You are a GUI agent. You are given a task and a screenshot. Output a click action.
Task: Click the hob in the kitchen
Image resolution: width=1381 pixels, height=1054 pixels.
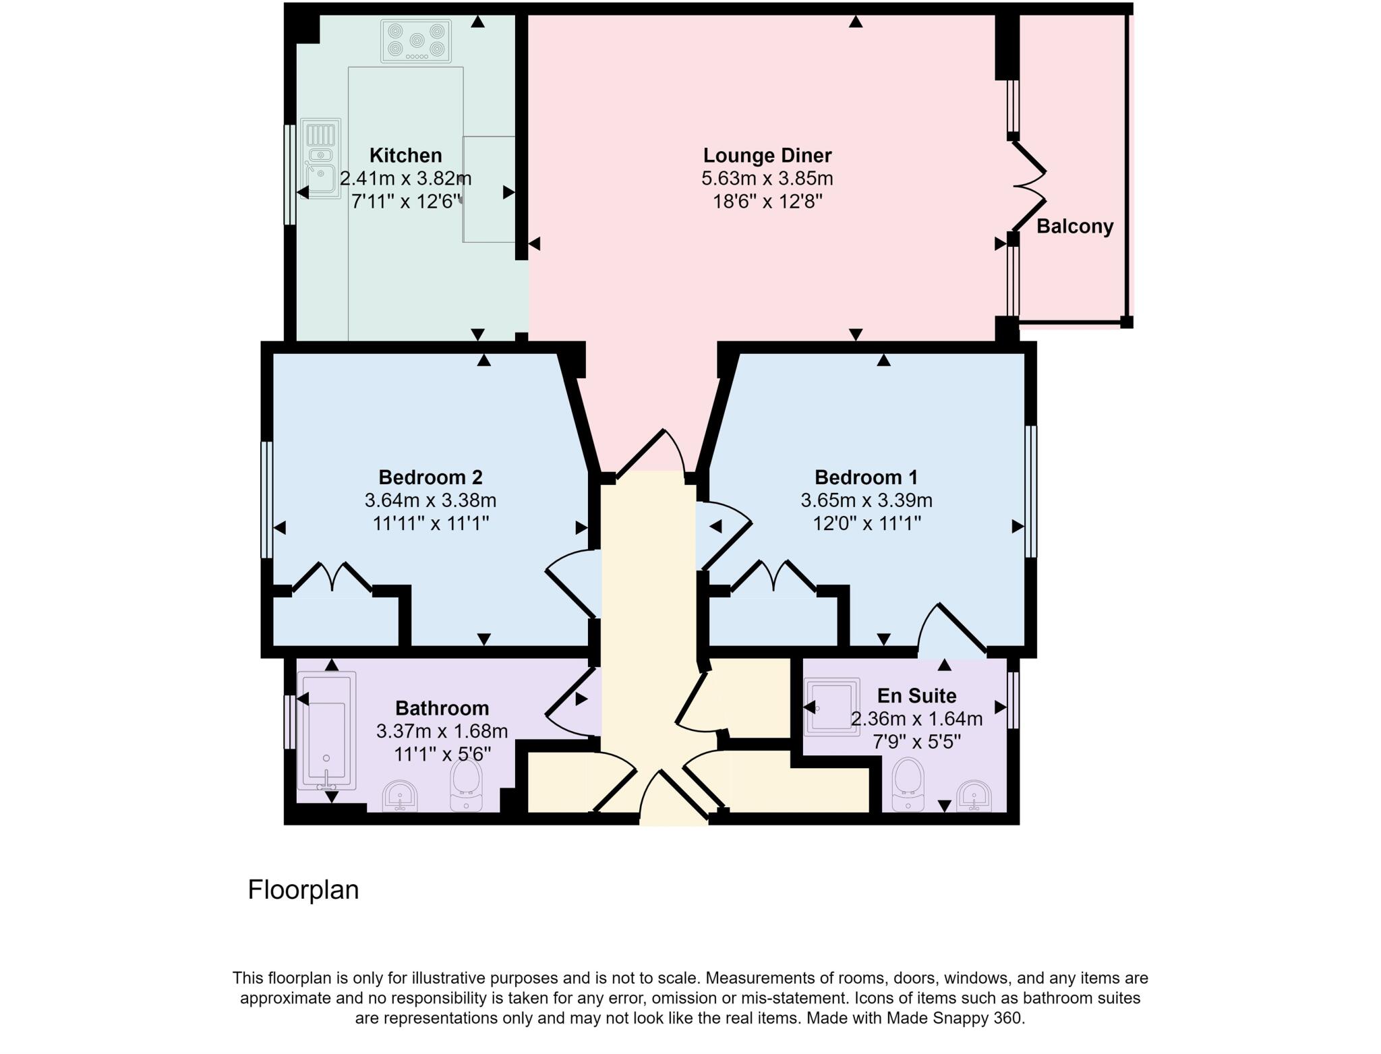point(415,40)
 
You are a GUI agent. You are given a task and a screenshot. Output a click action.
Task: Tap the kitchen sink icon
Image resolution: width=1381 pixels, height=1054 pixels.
point(320,159)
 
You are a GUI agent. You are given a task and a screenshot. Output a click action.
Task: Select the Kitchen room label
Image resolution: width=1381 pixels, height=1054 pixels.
point(405,155)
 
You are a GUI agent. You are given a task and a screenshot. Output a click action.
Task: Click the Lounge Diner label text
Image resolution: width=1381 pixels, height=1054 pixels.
point(767,155)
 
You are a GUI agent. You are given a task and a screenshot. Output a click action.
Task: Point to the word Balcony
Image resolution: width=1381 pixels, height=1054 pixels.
point(1074,227)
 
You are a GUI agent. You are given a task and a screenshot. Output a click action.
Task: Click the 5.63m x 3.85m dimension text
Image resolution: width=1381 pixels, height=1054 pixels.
point(767,179)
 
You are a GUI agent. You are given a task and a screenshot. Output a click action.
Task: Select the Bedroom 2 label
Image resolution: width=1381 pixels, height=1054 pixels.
point(430,477)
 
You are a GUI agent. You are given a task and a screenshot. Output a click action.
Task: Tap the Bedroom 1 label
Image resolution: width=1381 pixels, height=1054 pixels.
point(866,477)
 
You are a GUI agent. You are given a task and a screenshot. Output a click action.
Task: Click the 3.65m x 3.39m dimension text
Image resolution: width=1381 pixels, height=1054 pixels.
point(866,500)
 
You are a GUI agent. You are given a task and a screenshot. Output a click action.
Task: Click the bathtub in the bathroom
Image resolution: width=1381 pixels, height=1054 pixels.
point(326,730)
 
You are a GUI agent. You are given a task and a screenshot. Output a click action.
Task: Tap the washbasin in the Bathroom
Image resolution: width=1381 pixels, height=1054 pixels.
point(400,796)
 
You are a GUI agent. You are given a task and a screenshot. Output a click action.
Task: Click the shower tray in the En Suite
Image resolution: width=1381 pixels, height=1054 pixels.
point(832,705)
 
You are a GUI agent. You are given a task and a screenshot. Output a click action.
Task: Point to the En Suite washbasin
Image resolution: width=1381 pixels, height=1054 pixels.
point(974,796)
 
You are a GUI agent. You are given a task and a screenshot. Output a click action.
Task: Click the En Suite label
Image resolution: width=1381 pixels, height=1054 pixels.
point(916,696)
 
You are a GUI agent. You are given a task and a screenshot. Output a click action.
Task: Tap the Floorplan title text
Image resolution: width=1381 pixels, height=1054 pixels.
point(303,890)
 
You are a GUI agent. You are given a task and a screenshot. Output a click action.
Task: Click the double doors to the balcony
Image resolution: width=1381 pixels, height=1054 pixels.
point(1028,184)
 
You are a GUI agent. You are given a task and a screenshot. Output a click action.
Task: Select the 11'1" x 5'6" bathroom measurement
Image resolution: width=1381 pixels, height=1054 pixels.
point(442,754)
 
